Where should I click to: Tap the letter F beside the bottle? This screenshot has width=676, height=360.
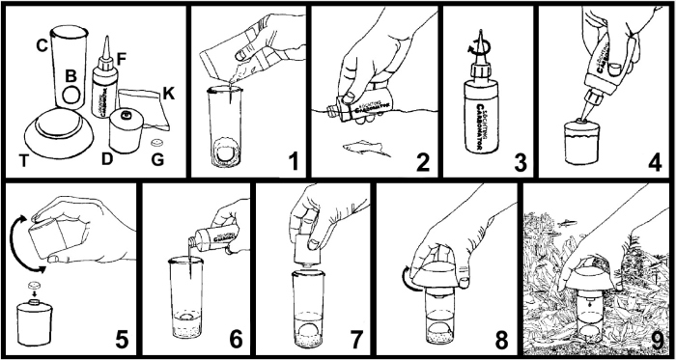[x=122, y=57]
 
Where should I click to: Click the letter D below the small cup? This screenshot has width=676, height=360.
[x=108, y=157]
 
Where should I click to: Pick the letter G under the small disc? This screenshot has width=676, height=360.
[x=160, y=157]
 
